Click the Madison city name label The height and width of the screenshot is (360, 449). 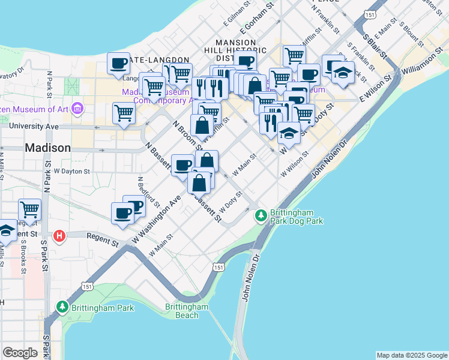(47, 148)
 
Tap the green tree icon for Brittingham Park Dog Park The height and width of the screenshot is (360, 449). (261, 215)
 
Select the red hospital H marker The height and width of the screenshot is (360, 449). (59, 235)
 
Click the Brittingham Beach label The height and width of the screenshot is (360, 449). (187, 311)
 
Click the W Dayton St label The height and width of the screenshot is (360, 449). (71, 171)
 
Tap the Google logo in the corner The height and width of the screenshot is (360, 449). (20, 352)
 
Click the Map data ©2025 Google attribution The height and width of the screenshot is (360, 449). (412, 355)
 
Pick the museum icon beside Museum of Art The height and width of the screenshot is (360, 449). (77, 109)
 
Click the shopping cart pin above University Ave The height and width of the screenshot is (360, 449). (124, 113)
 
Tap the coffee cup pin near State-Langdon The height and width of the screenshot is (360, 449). (119, 62)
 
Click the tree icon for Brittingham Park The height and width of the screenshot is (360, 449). (62, 307)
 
